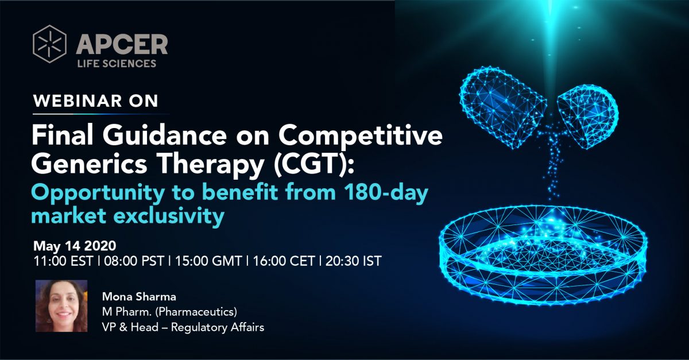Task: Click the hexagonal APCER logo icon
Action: [49, 44]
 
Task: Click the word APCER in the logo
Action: [122, 45]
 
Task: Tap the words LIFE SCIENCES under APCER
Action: [117, 63]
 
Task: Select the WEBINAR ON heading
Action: [96, 100]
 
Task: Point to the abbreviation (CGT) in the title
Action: [313, 164]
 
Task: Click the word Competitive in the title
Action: [361, 136]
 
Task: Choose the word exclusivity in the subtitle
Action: [169, 216]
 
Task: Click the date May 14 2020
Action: [75, 246]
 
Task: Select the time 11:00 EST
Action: [63, 261]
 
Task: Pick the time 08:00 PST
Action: [134, 261]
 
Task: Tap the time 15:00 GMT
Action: [208, 261]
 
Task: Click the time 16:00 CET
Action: [284, 261]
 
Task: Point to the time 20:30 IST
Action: [354, 261]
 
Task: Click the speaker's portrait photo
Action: [61, 306]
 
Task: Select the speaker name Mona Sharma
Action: [139, 297]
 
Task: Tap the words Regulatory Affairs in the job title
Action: [218, 327]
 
